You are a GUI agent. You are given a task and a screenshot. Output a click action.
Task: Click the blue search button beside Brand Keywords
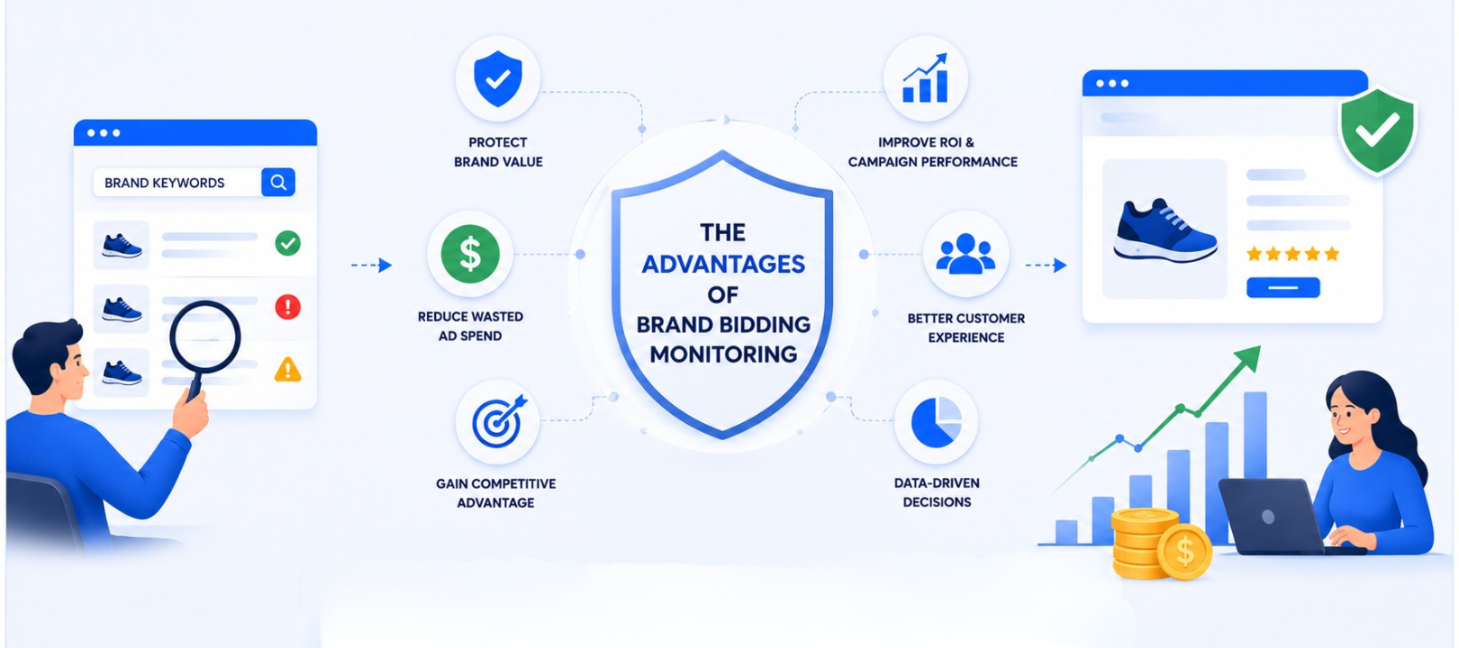click(x=278, y=182)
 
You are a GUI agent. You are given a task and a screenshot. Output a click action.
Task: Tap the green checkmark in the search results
click(x=288, y=243)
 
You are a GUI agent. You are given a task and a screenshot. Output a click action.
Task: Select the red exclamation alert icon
click(x=288, y=306)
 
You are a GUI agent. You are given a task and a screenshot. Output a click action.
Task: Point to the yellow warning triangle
click(x=288, y=370)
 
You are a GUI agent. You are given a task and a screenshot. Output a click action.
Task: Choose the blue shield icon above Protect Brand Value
click(x=498, y=78)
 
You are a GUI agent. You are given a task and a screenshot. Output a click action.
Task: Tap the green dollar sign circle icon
click(x=470, y=254)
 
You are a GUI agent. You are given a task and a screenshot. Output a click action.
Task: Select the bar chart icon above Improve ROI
click(x=925, y=78)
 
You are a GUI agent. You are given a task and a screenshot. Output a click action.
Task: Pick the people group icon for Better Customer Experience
click(x=966, y=253)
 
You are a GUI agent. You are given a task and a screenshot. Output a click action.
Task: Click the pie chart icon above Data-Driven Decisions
click(x=936, y=422)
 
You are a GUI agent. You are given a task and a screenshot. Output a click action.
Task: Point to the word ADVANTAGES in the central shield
click(x=723, y=264)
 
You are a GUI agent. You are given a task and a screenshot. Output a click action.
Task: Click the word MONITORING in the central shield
click(x=723, y=354)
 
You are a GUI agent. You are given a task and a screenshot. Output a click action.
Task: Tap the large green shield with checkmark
click(x=1377, y=130)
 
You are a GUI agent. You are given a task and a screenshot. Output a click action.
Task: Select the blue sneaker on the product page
click(x=1165, y=231)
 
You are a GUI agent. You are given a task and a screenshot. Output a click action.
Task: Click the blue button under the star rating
click(x=1283, y=288)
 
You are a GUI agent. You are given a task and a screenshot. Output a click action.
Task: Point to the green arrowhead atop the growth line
click(x=1248, y=358)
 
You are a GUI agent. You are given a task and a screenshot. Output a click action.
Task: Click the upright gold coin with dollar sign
click(x=1185, y=552)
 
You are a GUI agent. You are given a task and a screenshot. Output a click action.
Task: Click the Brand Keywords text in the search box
click(x=164, y=183)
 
